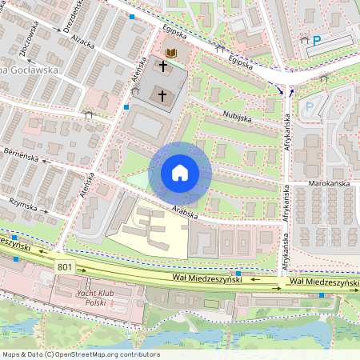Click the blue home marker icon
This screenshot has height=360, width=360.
180,173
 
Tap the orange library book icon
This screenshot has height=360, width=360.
170,53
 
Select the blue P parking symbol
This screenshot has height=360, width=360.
317,39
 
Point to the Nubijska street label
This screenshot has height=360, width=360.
237,117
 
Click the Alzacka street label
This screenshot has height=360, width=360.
82,41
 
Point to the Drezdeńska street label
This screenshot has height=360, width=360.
76,18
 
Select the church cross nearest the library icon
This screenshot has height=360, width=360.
162,68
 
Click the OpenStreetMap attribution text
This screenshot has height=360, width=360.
80,354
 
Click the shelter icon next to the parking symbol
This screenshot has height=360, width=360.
304,39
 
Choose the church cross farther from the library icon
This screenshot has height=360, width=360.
162,96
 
